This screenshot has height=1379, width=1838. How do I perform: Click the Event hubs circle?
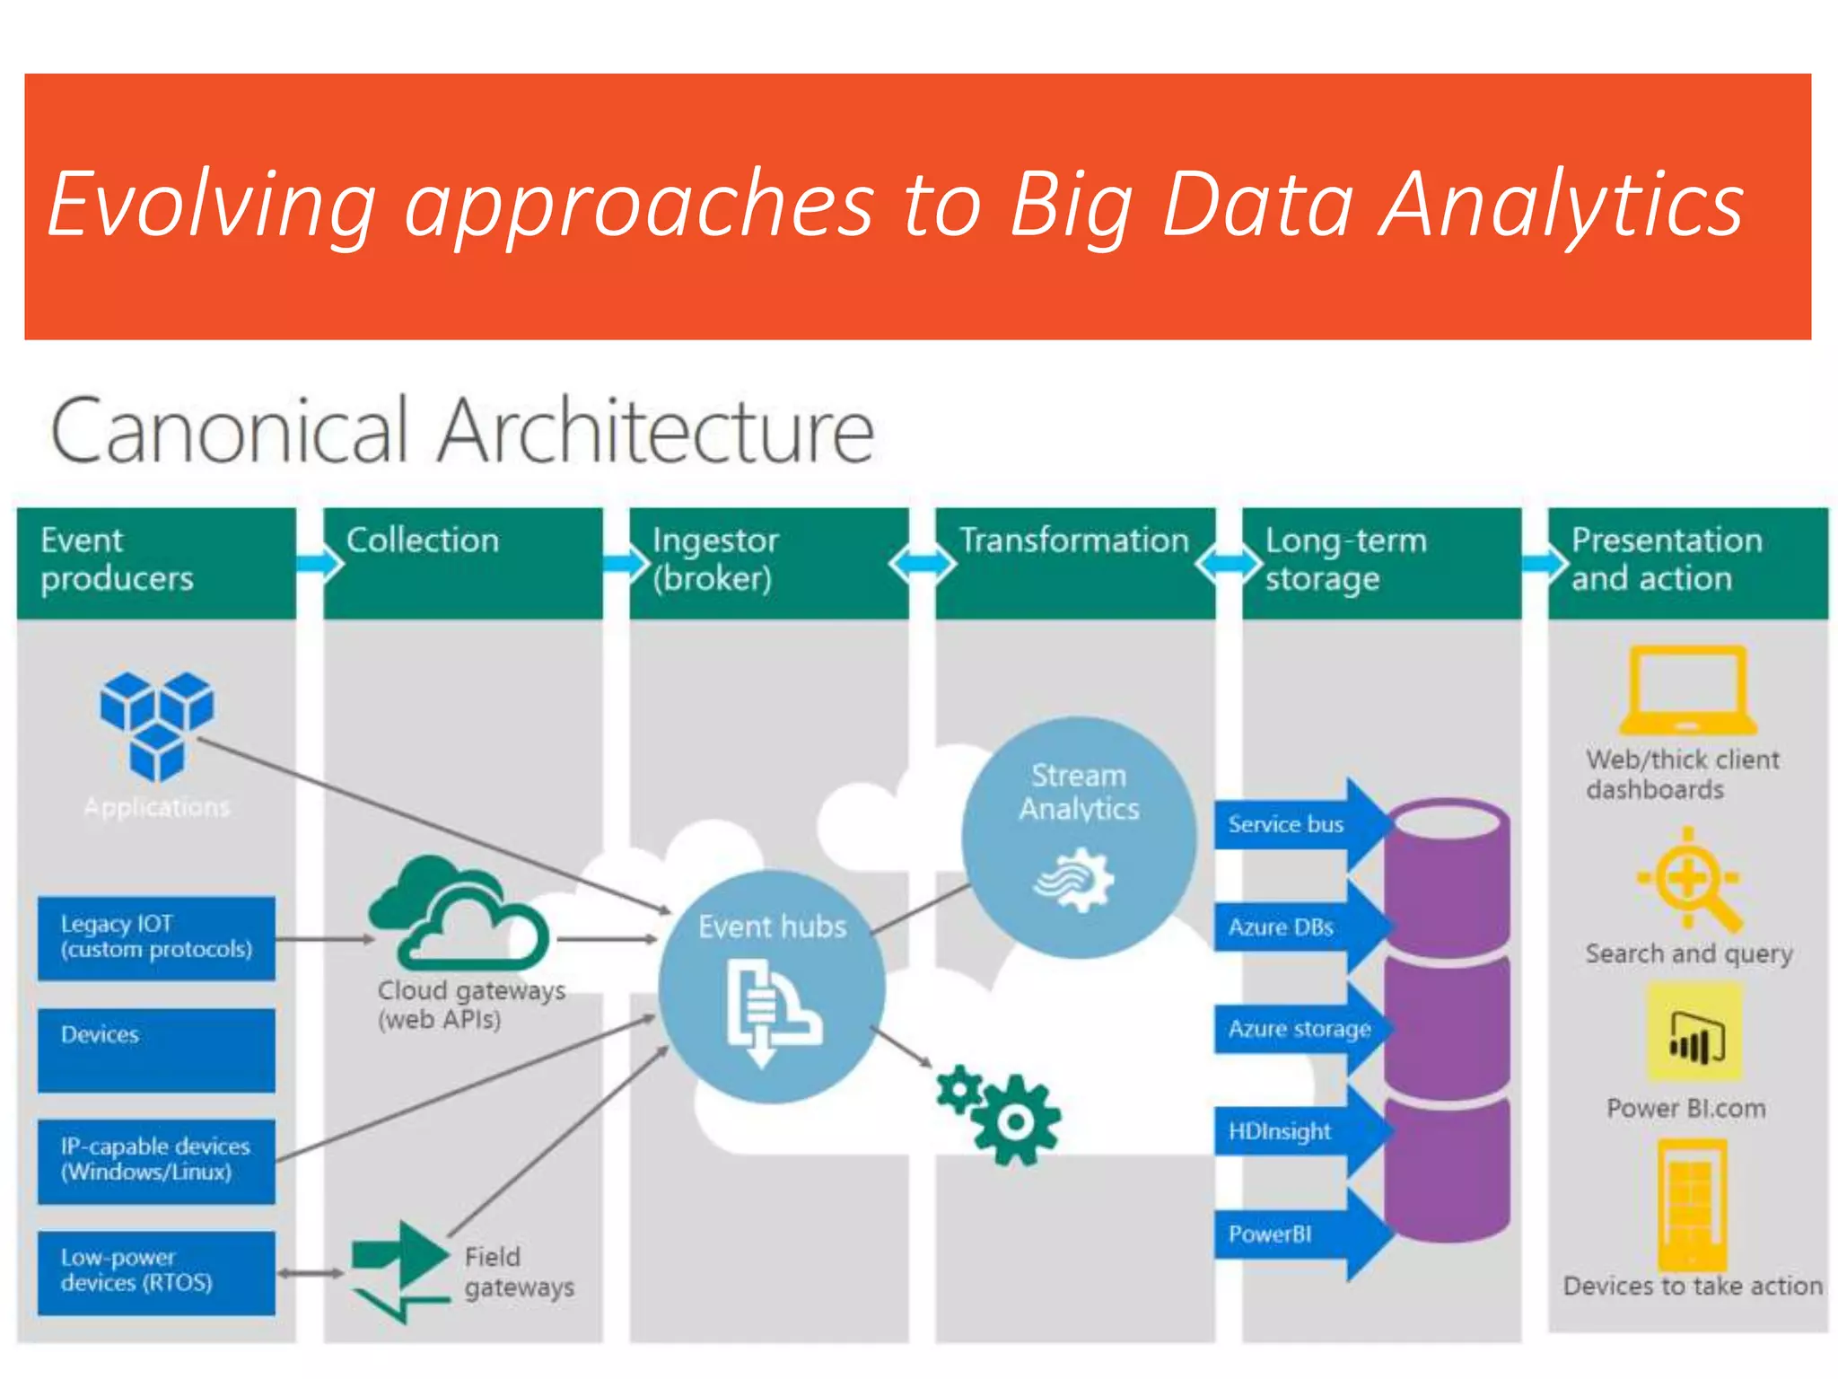coord(772,986)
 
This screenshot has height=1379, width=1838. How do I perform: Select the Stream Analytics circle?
coord(1079,836)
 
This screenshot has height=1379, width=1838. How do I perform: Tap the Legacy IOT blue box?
coord(156,937)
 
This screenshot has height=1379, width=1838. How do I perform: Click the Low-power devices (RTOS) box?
coord(156,1272)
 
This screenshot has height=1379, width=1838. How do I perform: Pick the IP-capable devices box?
coord(156,1160)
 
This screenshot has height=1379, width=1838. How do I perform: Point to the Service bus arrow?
coord(1292,824)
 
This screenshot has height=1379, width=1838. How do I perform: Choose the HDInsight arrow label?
coord(1281,1131)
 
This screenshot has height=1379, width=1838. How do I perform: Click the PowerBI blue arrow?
coord(1292,1234)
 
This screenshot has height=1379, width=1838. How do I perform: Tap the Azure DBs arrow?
coord(1292,927)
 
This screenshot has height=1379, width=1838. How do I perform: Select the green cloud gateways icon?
coord(458,914)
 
